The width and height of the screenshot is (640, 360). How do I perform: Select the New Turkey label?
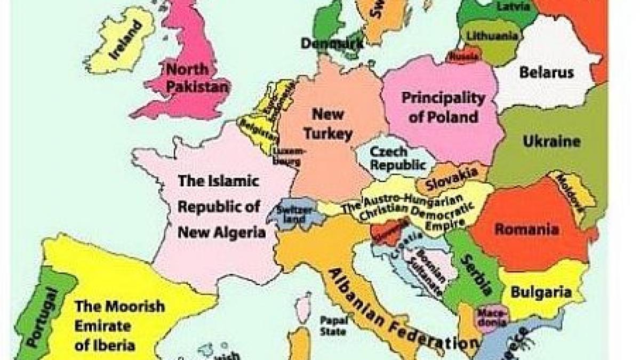(x=328, y=124)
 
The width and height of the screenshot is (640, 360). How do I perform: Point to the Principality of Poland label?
(x=443, y=107)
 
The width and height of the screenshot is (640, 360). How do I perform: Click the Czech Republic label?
(x=398, y=158)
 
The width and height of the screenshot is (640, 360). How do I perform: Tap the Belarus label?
(x=546, y=73)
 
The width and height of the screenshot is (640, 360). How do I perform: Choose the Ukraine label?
(x=551, y=141)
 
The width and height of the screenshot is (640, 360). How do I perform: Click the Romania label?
(x=526, y=229)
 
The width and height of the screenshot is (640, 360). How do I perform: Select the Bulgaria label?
(x=541, y=292)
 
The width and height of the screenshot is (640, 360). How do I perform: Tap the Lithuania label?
(x=492, y=36)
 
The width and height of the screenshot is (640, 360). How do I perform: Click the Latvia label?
(x=513, y=7)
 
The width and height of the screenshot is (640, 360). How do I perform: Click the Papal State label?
(x=333, y=325)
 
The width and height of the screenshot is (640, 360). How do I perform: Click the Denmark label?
(x=332, y=43)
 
